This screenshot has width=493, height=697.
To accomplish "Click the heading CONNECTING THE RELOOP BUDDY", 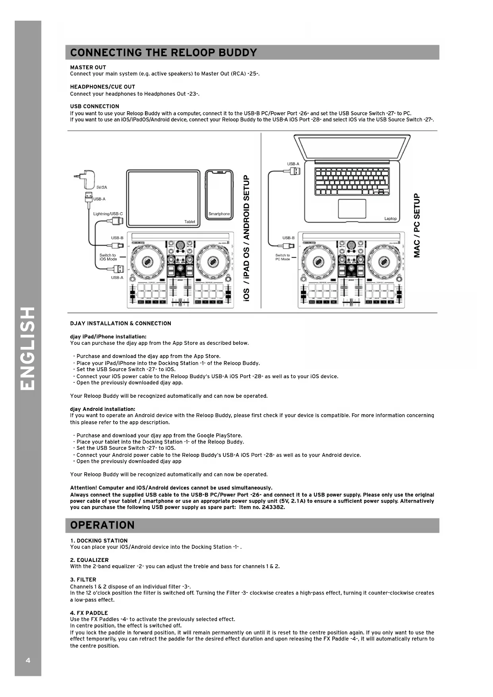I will click(x=163, y=52).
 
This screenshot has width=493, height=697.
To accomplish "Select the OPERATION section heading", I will click(x=102, y=525).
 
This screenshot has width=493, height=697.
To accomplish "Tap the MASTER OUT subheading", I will click(x=88, y=67).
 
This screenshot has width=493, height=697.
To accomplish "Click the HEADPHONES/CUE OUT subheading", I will click(x=102, y=87).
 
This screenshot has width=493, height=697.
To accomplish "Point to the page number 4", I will click(x=28, y=660).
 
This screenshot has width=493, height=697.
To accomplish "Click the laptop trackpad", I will click(x=352, y=209).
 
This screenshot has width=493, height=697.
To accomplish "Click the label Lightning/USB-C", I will click(x=108, y=214).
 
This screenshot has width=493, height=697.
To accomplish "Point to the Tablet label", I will click(x=189, y=222).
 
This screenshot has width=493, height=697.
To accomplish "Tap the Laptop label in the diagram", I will click(x=390, y=219).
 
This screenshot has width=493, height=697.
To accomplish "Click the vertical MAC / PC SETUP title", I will click(x=417, y=225).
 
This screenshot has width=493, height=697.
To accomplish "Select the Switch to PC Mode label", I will click(x=282, y=257).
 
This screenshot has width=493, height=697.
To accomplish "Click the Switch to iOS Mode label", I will click(x=108, y=257).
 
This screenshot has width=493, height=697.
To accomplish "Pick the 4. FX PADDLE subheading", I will click(x=89, y=613).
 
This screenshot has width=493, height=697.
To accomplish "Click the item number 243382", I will click(x=273, y=507).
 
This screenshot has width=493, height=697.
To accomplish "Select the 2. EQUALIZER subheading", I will click(x=89, y=560).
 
